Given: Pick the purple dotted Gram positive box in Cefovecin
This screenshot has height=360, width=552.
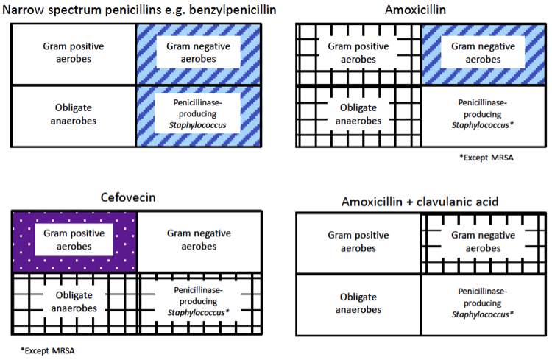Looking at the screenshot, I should pyautogui.click(x=75, y=242).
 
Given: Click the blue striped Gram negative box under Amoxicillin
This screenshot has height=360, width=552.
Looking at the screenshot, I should pyautogui.click(x=483, y=54).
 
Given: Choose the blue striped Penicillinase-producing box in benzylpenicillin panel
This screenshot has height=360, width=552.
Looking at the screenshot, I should pyautogui.click(x=198, y=116).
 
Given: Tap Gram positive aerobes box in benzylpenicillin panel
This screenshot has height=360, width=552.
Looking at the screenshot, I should pyautogui.click(x=74, y=54).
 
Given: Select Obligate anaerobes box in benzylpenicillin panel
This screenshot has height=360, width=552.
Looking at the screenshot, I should pyautogui.click(x=74, y=116).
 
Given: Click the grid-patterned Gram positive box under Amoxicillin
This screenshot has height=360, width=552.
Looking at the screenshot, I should pyautogui.click(x=358, y=54).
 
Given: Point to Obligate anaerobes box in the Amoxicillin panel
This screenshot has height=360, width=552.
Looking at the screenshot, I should pyautogui.click(x=358, y=116).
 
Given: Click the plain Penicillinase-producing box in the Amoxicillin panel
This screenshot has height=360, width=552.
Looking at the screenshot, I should pyautogui.click(x=483, y=116).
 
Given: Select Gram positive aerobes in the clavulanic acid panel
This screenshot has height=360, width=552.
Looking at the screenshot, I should pyautogui.click(x=358, y=243).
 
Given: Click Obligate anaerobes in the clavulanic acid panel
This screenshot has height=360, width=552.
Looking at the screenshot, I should pyautogui.click(x=358, y=305).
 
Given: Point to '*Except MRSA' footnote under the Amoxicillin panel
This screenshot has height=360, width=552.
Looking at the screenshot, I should pyautogui.click(x=484, y=157).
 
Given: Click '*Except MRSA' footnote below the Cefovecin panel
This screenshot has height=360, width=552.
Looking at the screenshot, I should pyautogui.click(x=47, y=349).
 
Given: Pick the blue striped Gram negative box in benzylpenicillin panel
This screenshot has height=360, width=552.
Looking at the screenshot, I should pyautogui.click(x=198, y=54).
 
